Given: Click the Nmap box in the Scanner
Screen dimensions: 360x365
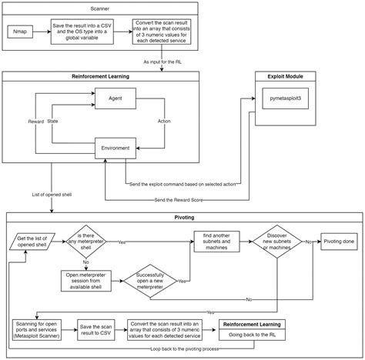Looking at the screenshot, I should pos(22,33).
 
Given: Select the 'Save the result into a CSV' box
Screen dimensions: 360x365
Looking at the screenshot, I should pos(83,33).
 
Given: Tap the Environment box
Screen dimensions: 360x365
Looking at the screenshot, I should pos(116,148).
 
